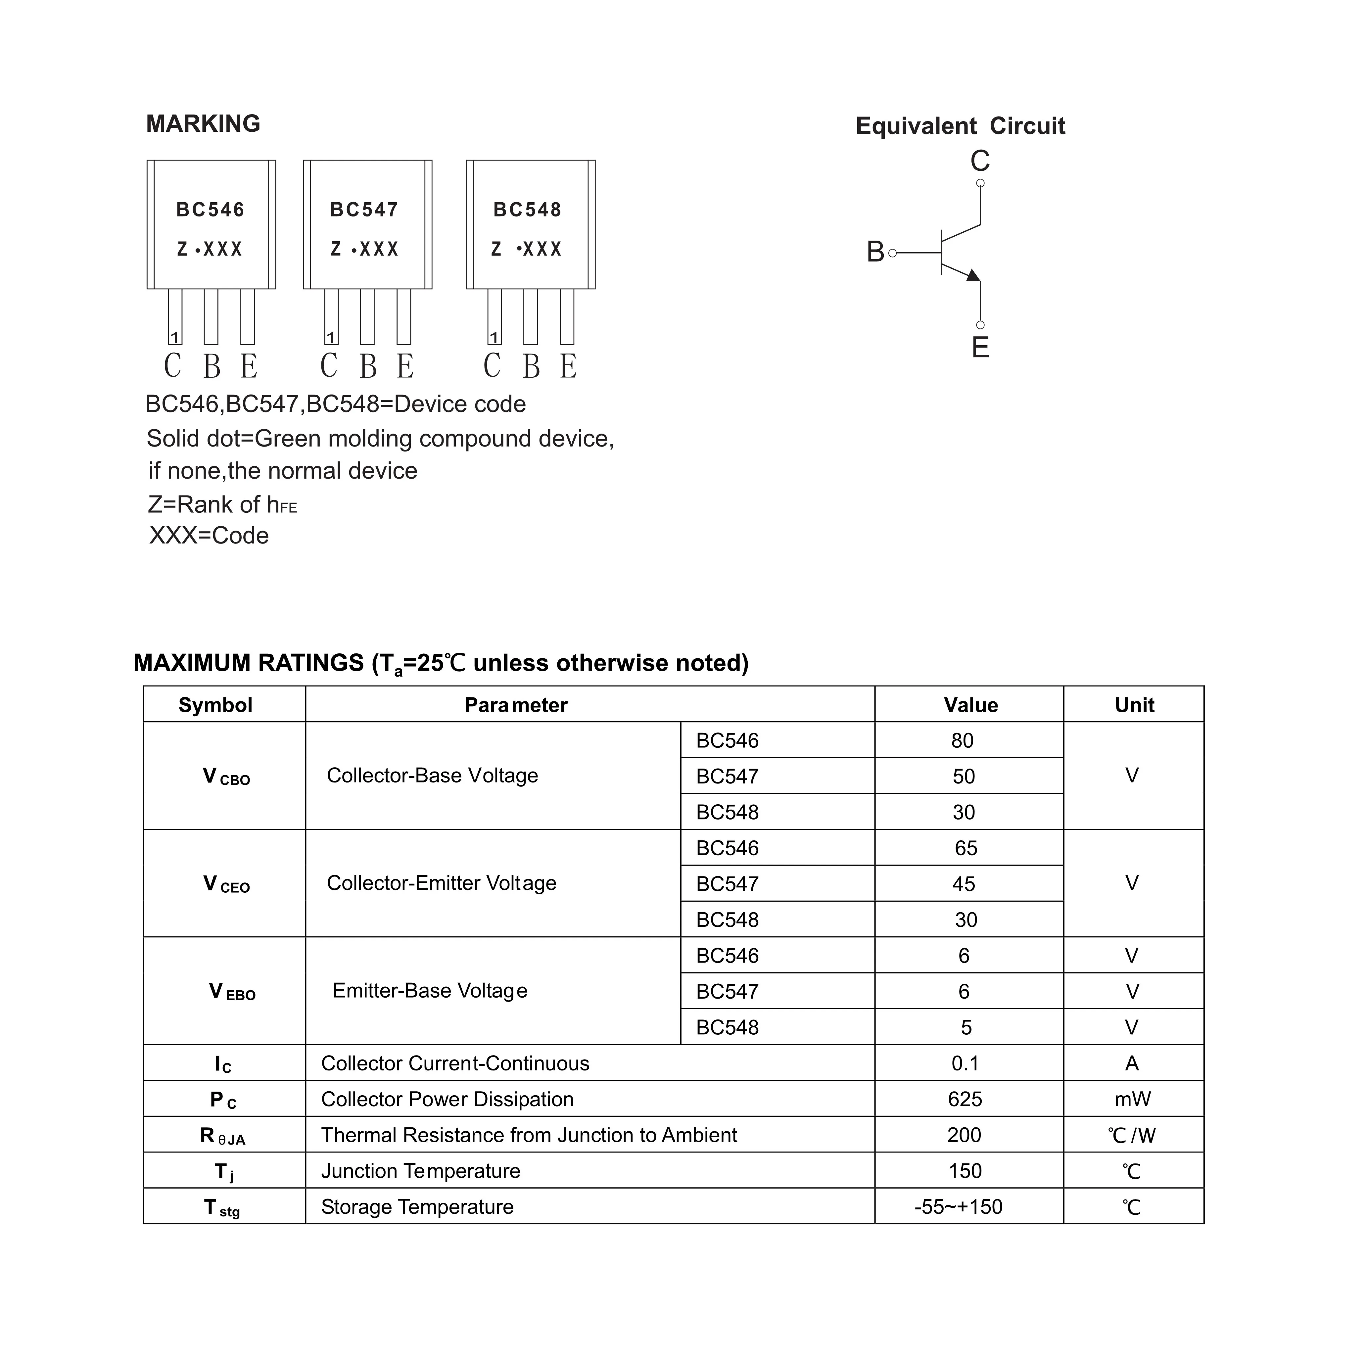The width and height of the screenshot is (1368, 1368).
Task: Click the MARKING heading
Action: click(x=203, y=124)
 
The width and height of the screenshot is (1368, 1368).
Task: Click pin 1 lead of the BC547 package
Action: click(x=331, y=317)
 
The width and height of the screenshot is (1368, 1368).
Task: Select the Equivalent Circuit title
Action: click(x=960, y=126)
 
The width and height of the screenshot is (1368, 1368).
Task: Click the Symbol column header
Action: click(x=215, y=705)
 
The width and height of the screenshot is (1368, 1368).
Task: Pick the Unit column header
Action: click(x=1134, y=705)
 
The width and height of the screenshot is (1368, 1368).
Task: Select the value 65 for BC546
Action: click(x=966, y=848)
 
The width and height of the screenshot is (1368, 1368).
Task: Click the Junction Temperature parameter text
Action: click(x=421, y=1171)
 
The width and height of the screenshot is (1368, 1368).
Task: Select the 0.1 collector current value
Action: click(x=965, y=1063)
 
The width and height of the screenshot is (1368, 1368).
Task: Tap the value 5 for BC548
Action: click(x=966, y=1027)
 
